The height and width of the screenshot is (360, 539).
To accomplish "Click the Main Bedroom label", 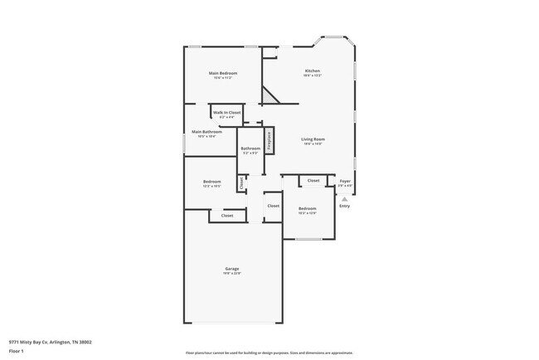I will click(222, 74).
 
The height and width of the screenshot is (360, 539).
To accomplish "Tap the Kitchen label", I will click(313, 71).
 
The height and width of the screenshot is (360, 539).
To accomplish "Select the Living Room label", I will click(313, 139).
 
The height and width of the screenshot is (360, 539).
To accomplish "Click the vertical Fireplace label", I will click(269, 140).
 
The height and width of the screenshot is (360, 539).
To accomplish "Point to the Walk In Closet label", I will click(226, 112).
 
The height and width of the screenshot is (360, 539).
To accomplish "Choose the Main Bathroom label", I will click(206, 131).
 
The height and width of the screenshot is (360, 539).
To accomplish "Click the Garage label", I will click(232, 269).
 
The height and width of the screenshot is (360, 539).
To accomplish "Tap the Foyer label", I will click(345, 181).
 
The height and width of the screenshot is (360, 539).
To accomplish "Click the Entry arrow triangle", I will click(344, 199).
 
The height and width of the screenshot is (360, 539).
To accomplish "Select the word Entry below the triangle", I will click(344, 206).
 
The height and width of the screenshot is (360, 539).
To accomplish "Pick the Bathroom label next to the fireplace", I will click(250, 148).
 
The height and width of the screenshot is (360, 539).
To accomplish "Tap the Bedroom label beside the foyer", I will click(307, 208).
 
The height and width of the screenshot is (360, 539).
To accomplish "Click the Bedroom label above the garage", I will click(212, 182).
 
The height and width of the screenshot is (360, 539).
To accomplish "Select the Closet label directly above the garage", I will click(226, 216).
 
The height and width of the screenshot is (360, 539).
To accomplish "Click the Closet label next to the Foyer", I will click(313, 180).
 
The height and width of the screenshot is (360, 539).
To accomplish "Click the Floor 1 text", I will click(17, 351).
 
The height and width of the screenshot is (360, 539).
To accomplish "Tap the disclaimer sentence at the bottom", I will click(269, 353).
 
